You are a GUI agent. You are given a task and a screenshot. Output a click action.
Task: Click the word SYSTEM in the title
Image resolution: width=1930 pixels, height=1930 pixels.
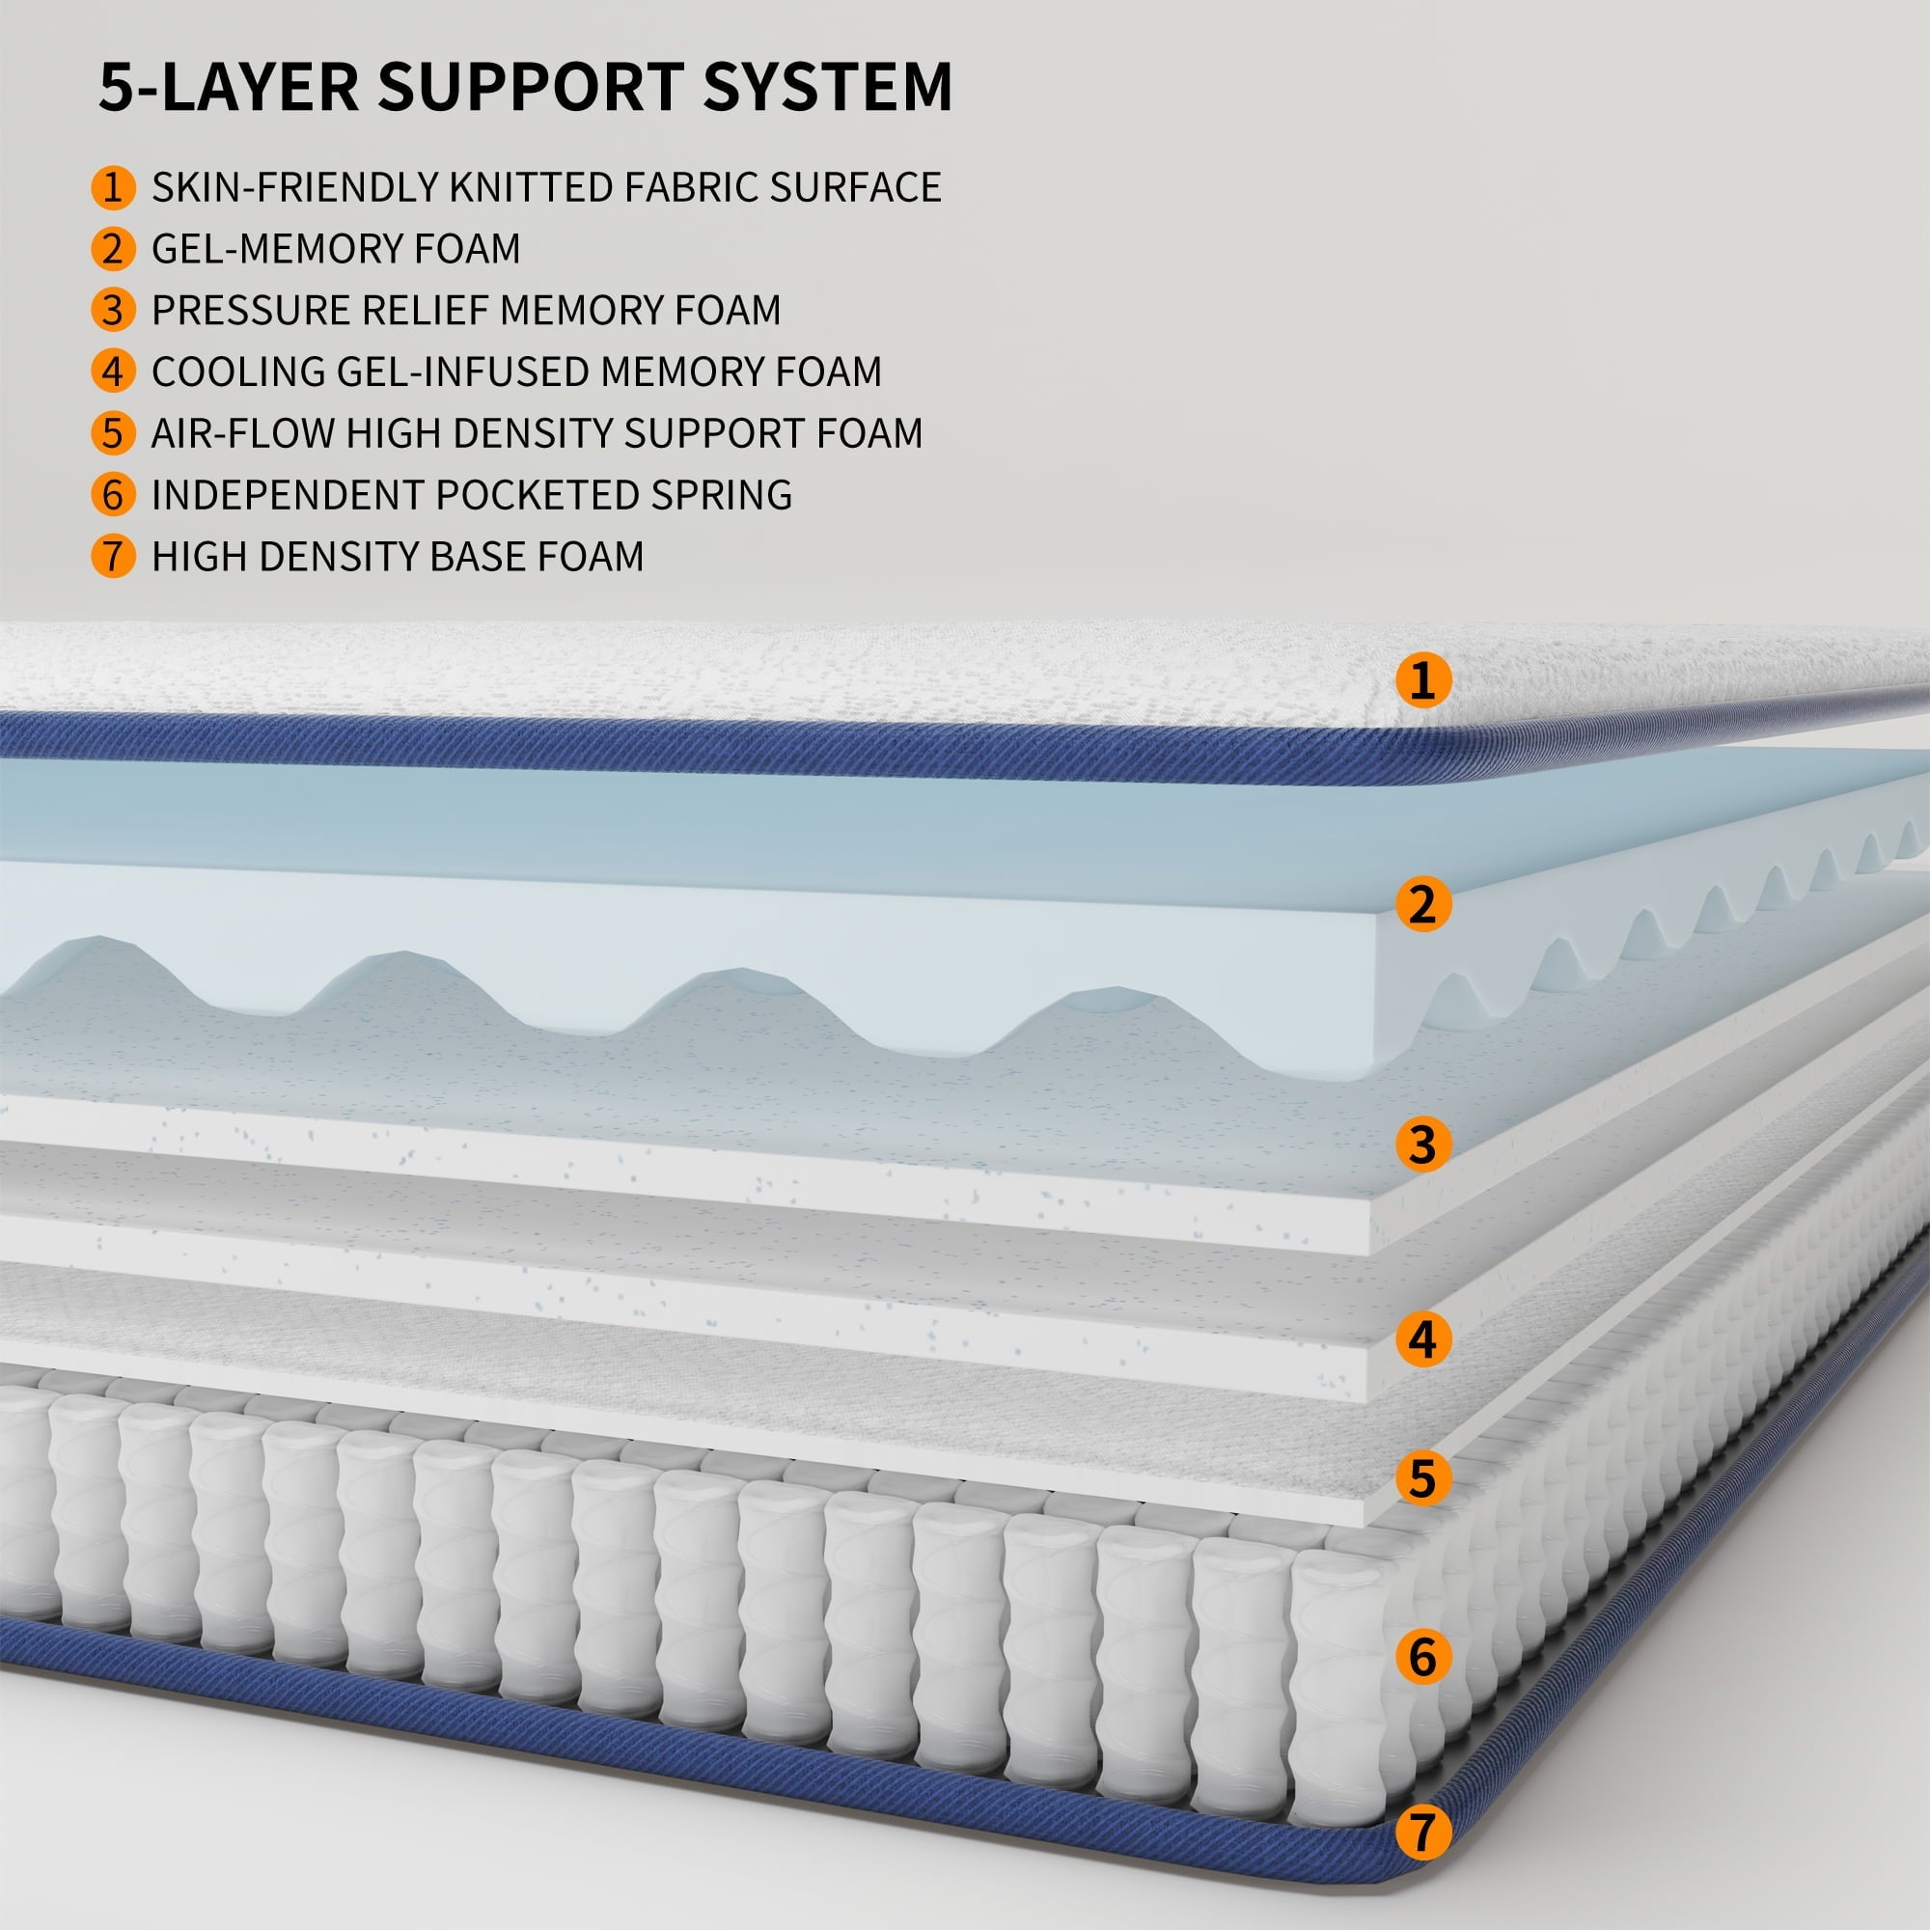(827, 87)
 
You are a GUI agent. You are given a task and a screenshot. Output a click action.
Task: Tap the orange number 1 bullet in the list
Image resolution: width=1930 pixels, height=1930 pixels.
(113, 188)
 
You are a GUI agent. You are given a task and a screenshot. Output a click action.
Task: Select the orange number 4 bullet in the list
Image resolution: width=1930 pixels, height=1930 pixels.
(113, 372)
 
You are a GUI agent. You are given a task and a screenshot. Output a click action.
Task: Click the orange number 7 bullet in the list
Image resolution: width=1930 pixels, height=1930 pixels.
(113, 557)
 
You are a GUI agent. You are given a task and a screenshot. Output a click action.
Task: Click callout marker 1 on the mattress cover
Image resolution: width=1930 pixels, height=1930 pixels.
(1422, 680)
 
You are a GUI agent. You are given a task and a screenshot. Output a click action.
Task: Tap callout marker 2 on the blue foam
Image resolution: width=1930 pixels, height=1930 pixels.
(1422, 904)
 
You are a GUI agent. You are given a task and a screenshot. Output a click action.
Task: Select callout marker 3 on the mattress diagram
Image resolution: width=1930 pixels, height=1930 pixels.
(1422, 1144)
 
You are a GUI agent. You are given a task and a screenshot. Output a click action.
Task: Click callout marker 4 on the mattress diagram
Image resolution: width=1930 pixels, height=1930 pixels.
(1422, 1339)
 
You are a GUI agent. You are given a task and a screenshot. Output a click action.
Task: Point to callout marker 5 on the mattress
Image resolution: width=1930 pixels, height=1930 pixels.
(1422, 1478)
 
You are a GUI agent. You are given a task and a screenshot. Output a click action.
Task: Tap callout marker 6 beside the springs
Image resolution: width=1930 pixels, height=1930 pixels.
(1422, 1656)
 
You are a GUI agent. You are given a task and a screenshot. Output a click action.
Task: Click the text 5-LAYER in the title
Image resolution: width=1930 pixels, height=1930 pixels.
(229, 87)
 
